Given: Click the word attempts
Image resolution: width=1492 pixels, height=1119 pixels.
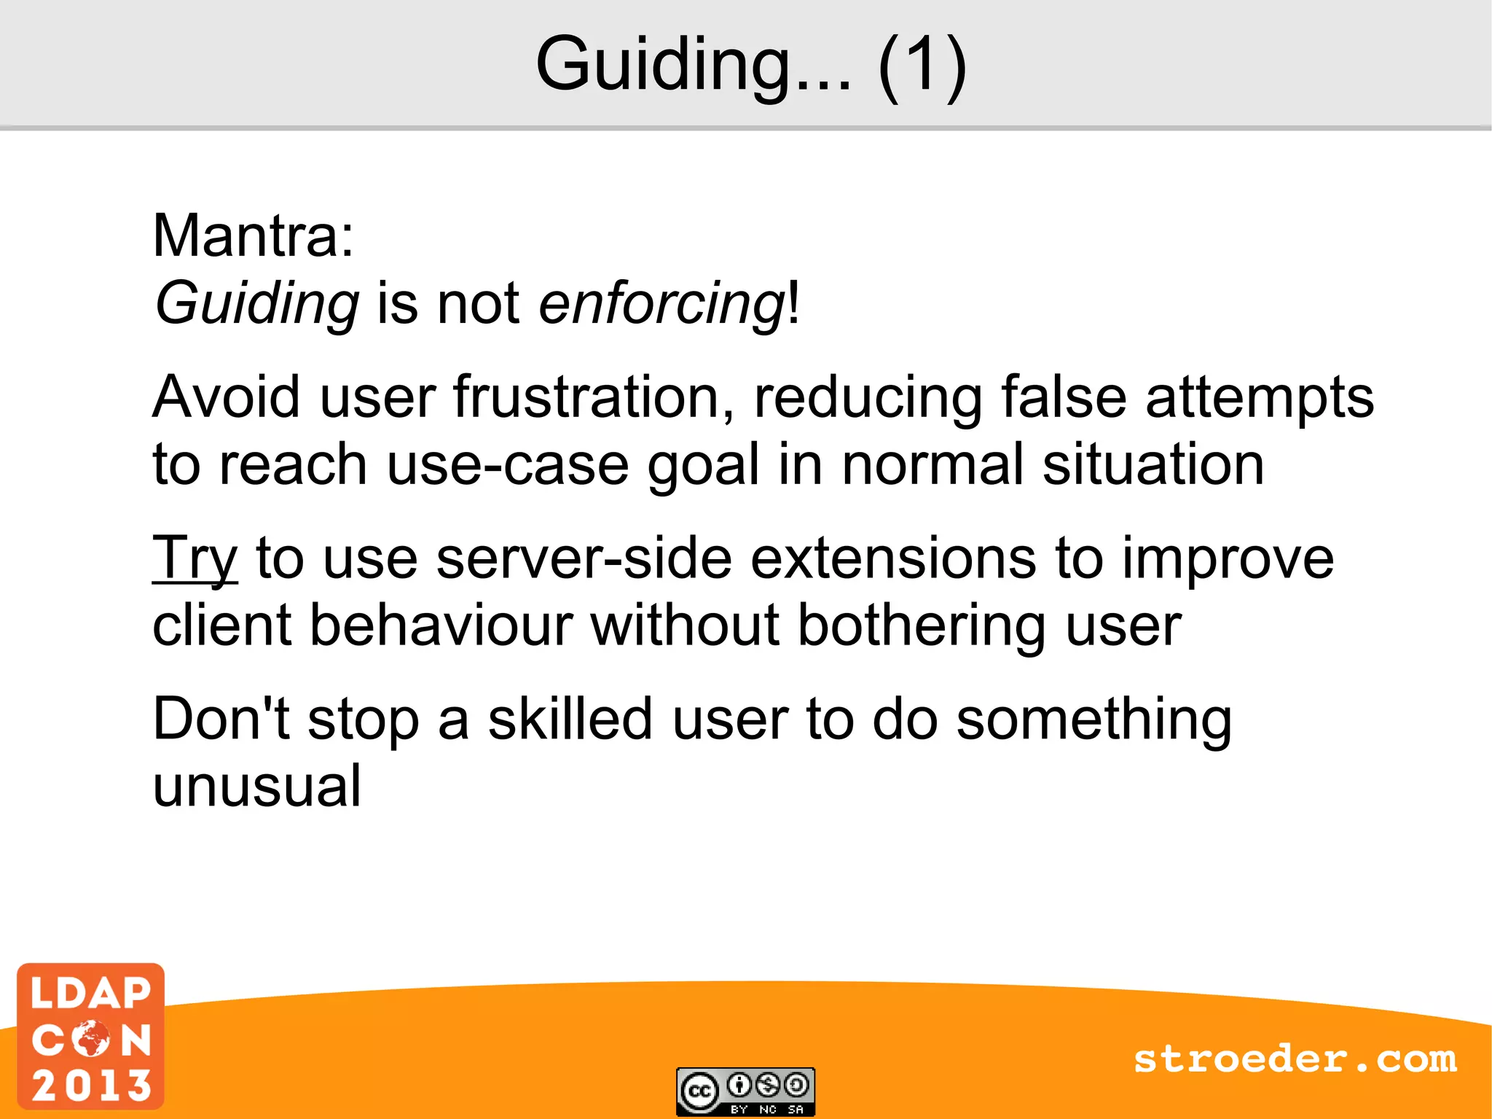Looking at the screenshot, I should (x=1260, y=397).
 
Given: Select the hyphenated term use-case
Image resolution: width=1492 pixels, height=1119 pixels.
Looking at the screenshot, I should (x=508, y=464).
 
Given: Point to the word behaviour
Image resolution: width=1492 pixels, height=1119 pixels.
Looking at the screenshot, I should (x=441, y=625).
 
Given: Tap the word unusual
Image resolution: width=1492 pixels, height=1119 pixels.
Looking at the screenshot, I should (x=256, y=786).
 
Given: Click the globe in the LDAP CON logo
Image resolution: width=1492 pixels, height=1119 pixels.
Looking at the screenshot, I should (x=91, y=1038).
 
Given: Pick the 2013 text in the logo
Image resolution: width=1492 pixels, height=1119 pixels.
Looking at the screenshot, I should (x=91, y=1085).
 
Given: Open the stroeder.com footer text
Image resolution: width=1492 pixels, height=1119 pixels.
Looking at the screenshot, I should (x=1295, y=1058).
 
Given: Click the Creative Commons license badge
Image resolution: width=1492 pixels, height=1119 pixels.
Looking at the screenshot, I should (x=745, y=1091).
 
